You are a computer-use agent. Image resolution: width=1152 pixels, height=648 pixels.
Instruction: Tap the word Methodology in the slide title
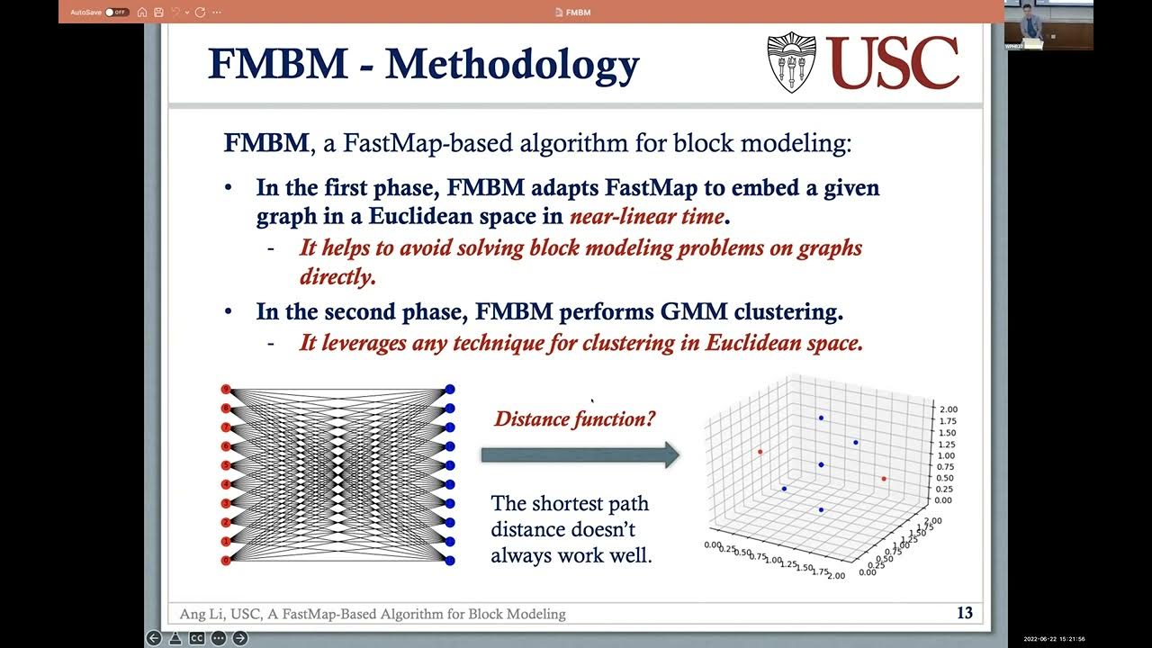[x=512, y=65]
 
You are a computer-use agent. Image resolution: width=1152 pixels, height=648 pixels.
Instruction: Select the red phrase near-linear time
[x=646, y=216]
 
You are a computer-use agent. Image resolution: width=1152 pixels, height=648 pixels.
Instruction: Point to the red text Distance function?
[x=575, y=418]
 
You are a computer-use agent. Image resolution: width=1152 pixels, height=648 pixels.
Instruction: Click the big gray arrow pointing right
[x=580, y=454]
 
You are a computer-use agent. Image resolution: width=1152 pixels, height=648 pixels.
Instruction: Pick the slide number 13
[x=964, y=613]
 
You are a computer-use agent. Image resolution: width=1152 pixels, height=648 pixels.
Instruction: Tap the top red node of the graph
[x=227, y=389]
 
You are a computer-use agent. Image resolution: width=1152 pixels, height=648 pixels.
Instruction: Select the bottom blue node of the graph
[x=449, y=560]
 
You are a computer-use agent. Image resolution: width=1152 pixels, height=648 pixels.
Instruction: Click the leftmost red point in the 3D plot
[x=760, y=452]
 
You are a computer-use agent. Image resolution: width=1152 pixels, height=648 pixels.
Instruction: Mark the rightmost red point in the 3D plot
[x=884, y=479]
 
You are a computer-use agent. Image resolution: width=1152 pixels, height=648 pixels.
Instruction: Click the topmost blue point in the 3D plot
[x=821, y=418]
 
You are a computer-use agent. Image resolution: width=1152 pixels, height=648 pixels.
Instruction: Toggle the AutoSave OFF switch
[x=116, y=12]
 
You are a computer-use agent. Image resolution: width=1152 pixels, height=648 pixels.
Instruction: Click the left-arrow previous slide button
[x=154, y=638]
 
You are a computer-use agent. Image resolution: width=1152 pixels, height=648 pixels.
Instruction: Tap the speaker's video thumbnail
[x=1048, y=24]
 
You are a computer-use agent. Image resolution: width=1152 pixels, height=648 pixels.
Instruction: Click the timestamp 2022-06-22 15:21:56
[x=1054, y=639]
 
